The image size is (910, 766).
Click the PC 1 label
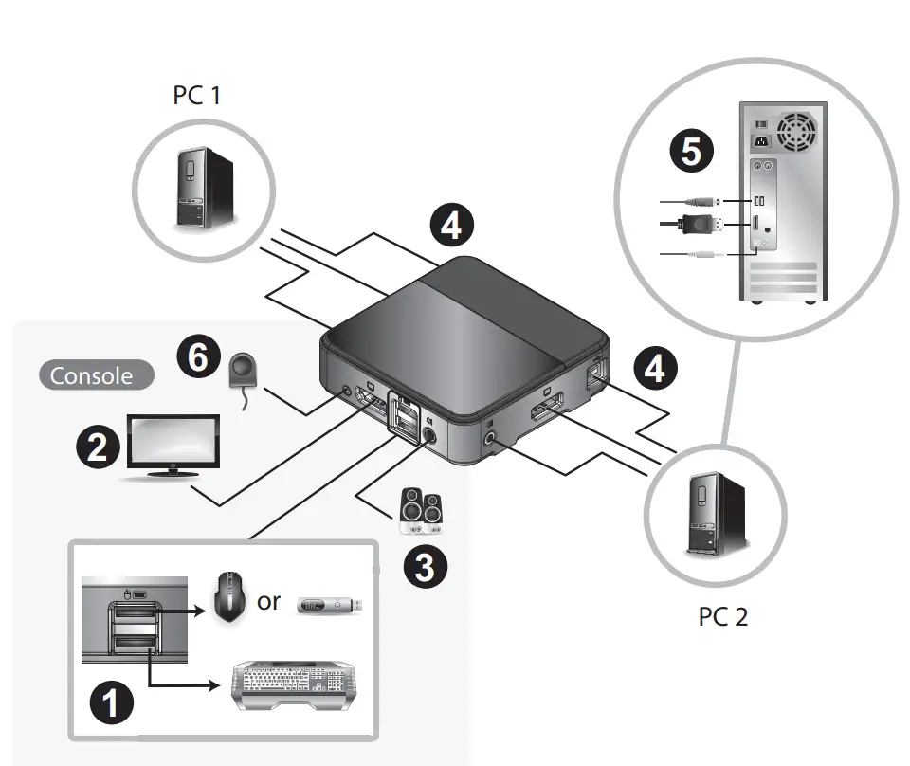point(197,96)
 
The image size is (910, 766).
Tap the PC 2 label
point(723,616)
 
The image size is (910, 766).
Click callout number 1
point(111,704)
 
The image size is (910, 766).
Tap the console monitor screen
point(174,442)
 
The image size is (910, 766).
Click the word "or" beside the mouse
point(269,601)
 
